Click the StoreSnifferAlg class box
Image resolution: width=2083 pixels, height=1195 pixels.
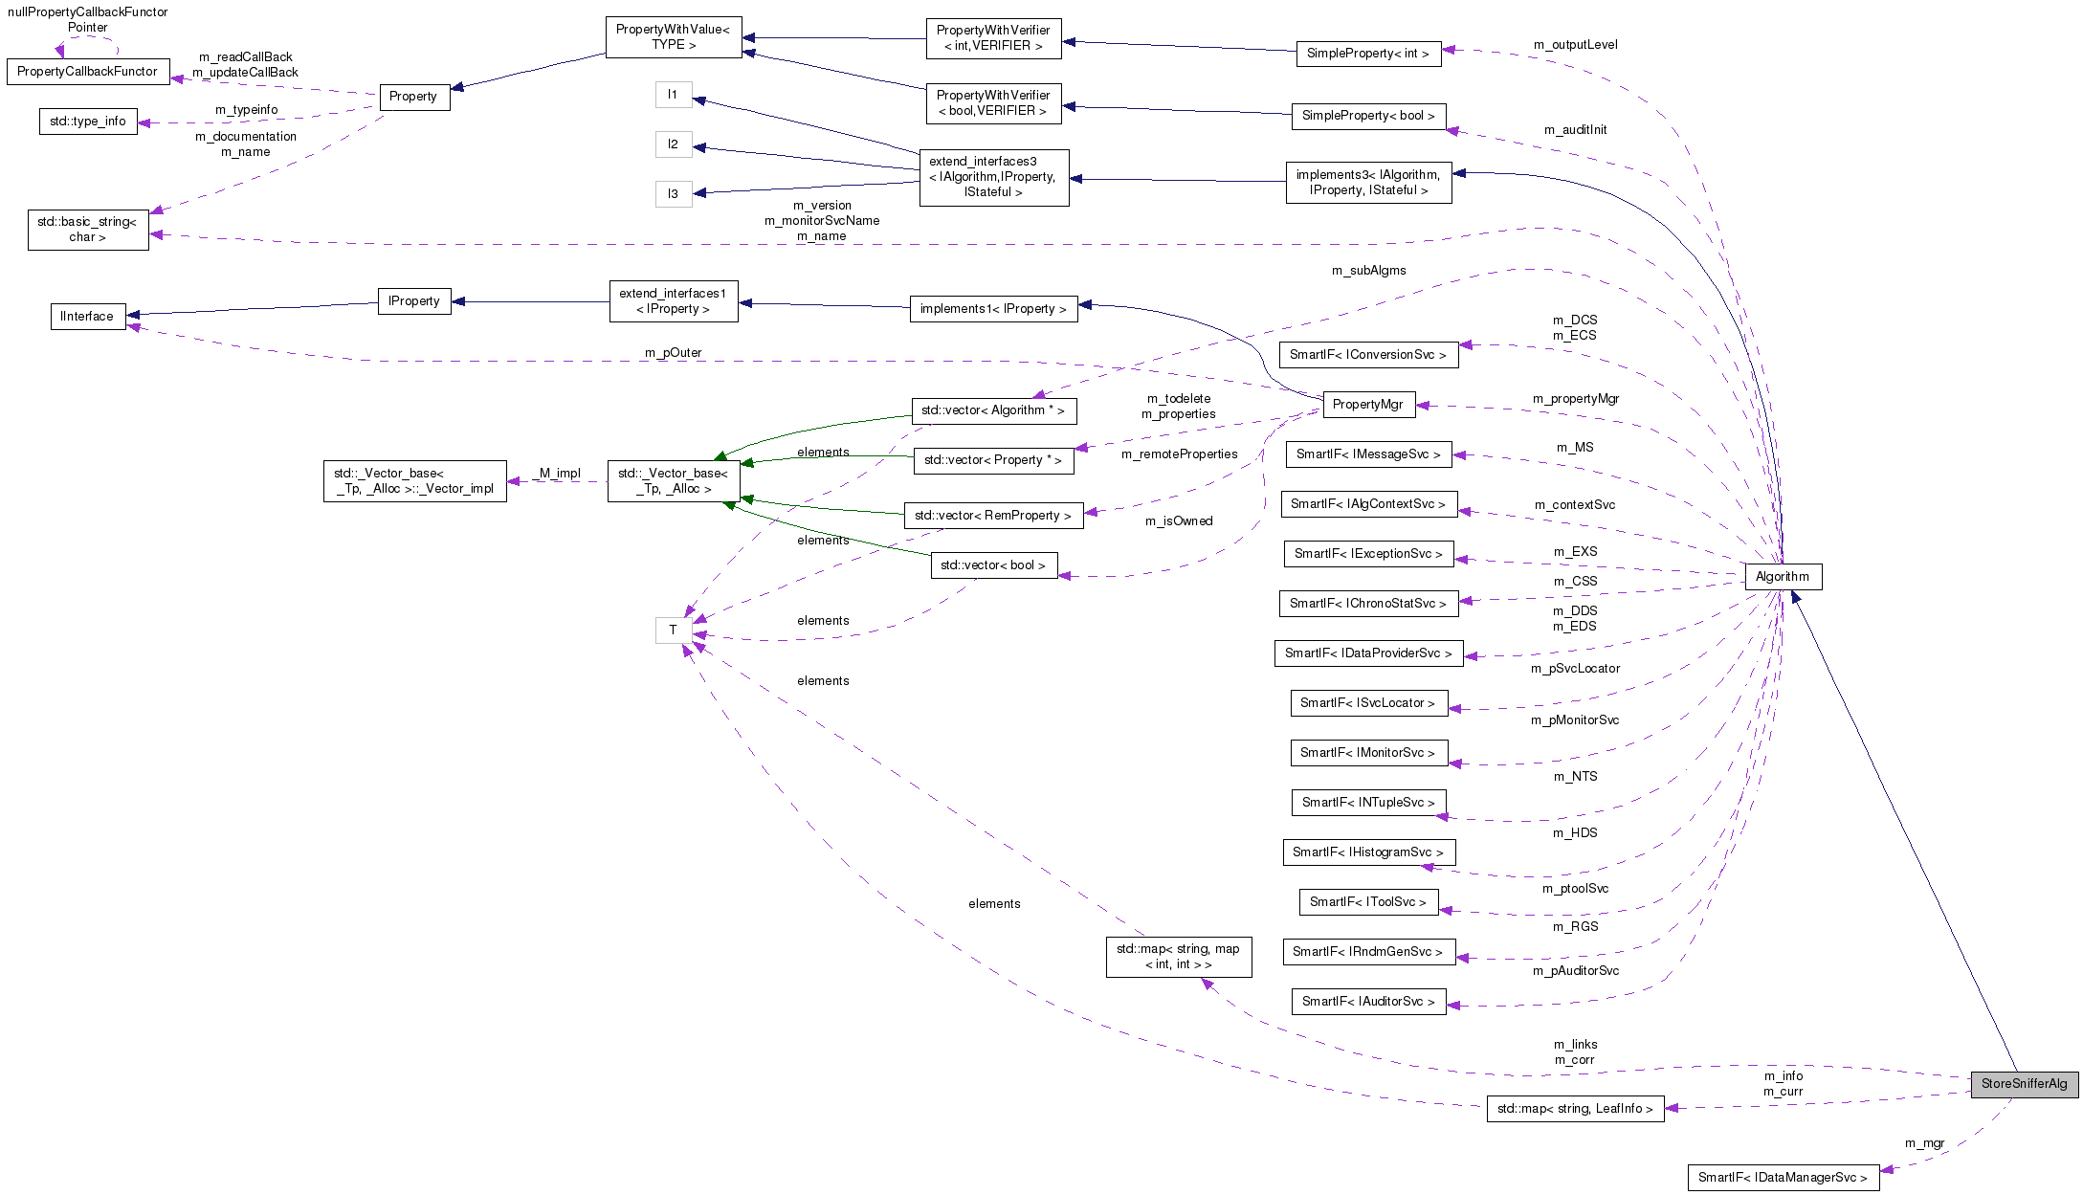(x=2024, y=1084)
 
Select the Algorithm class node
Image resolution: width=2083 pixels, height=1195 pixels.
(x=1783, y=577)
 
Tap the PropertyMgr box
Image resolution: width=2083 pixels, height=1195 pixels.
(x=1367, y=405)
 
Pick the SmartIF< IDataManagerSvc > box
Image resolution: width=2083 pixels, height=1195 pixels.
(x=1783, y=1178)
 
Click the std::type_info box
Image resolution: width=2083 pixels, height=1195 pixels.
(x=88, y=122)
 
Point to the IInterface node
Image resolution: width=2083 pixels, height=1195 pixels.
(x=87, y=317)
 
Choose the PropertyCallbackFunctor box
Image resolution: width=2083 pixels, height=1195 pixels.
(x=88, y=72)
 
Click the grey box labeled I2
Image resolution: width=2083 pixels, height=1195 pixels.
(x=674, y=144)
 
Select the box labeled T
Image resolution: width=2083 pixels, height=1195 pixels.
(x=674, y=630)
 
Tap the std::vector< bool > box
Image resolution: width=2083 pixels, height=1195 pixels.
(x=993, y=565)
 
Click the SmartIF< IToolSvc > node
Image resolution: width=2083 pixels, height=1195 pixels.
(x=1367, y=902)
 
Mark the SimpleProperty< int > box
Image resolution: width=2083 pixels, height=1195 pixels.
(x=1367, y=54)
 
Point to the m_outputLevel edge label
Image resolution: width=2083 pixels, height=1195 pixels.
(x=1575, y=45)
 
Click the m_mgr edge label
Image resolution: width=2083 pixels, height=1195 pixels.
(x=1924, y=1143)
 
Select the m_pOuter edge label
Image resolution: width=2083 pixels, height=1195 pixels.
(x=673, y=353)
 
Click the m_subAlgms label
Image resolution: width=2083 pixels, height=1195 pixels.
(x=1368, y=271)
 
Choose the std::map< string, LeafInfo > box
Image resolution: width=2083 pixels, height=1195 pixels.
(x=1575, y=1109)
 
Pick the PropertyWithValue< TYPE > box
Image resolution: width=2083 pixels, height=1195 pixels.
(x=674, y=37)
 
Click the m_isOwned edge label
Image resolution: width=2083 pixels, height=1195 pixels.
(x=1179, y=521)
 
